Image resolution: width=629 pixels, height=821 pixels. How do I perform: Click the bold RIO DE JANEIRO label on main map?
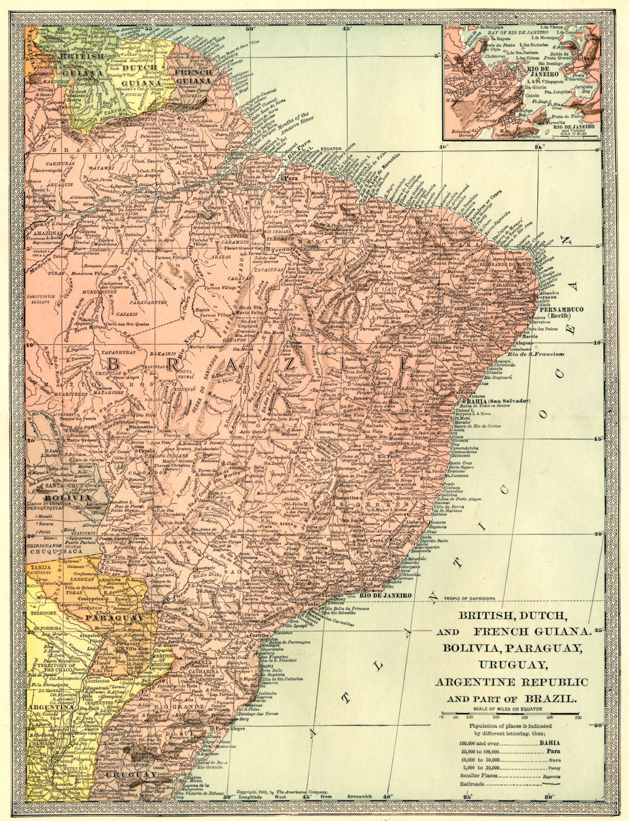386,595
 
